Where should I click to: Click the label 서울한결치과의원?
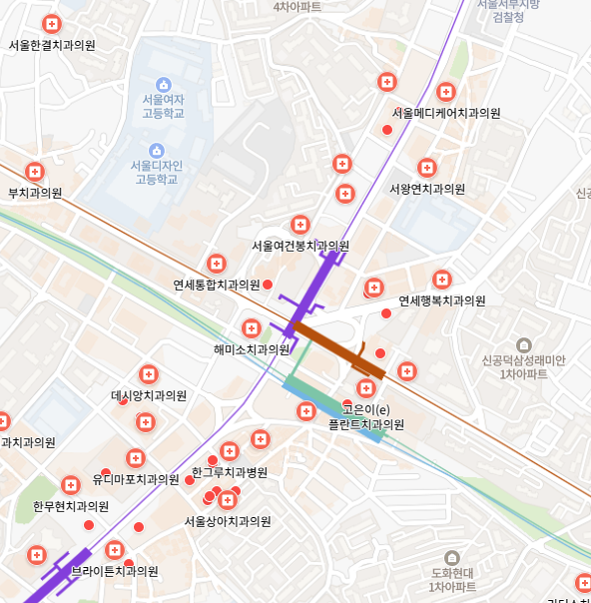(52, 45)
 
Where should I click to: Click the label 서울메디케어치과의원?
(446, 113)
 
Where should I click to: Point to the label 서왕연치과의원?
(427, 189)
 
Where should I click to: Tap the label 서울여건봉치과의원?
(300, 246)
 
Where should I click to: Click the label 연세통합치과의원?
(217, 285)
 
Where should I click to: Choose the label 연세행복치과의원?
(442, 301)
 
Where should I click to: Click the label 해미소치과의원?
(252, 349)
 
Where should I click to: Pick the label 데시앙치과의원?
(149, 395)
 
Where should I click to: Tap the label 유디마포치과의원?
(136, 478)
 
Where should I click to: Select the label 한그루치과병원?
(230, 472)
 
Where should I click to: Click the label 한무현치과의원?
(70, 506)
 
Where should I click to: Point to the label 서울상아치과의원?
(228, 521)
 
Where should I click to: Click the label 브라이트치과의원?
(115, 571)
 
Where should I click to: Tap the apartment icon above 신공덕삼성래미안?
(522, 344)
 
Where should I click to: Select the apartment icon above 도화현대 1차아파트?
(451, 557)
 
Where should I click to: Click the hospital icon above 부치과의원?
(35, 172)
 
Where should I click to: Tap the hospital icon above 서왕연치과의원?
(427, 167)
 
